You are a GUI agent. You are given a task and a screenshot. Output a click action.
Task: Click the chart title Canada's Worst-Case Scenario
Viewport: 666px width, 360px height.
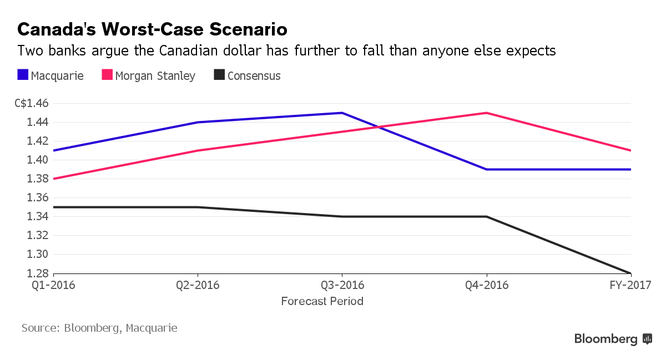[152, 29]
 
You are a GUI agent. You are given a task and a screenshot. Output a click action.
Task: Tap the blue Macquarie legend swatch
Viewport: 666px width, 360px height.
[23, 75]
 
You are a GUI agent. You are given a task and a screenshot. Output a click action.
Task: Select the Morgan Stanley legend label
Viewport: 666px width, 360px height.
[155, 76]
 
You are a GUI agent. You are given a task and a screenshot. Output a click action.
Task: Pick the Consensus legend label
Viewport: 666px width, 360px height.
[254, 76]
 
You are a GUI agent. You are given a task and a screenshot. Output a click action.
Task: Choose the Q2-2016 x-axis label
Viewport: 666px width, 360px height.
[198, 286]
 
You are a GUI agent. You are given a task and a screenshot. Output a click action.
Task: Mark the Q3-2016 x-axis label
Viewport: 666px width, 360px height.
[342, 286]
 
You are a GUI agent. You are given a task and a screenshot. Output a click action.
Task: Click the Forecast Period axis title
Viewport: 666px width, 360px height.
[322, 302]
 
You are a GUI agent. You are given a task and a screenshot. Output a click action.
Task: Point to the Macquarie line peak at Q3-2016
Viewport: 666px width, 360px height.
[342, 113]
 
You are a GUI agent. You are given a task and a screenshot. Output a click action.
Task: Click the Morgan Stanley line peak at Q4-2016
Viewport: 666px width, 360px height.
[487, 113]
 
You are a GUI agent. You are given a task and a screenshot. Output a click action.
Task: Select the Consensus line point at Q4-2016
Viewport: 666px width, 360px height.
[487, 216]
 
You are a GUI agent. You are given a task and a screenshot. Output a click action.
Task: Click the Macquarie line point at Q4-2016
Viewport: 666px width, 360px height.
[487, 169]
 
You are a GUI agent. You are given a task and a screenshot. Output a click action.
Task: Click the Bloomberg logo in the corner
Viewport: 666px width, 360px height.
[613, 339]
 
